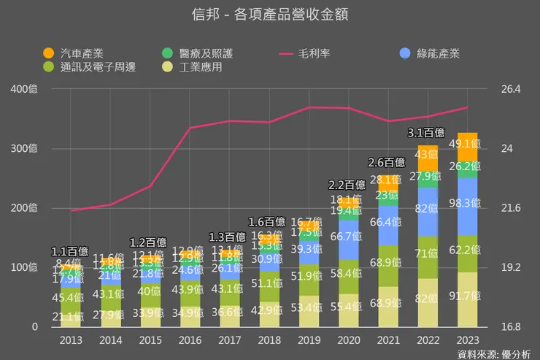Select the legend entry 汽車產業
click(80, 53)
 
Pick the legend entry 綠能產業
click(438, 53)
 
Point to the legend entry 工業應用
click(200, 67)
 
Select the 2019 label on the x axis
click(309, 340)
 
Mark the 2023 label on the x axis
click(467, 340)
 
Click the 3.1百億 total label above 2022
click(426, 133)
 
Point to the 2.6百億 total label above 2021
click(387, 162)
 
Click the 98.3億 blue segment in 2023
click(467, 207)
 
